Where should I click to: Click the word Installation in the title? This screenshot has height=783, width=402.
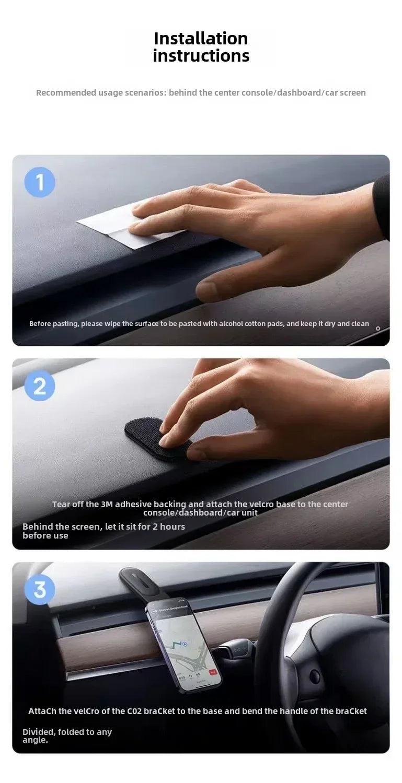pyautogui.click(x=201, y=39)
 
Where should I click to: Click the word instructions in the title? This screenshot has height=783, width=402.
pyautogui.click(x=201, y=56)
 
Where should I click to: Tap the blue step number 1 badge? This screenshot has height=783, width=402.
pyautogui.click(x=40, y=182)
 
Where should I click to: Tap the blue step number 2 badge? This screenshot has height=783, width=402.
pyautogui.click(x=40, y=386)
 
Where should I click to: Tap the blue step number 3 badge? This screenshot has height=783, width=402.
pyautogui.click(x=40, y=589)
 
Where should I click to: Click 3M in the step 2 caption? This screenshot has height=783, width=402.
pyautogui.click(x=107, y=505)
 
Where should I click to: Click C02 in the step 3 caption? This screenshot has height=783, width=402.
pyautogui.click(x=133, y=711)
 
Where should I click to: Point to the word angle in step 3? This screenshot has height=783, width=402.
pyautogui.click(x=34, y=740)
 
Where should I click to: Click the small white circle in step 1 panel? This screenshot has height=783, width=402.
pyautogui.click(x=378, y=329)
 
